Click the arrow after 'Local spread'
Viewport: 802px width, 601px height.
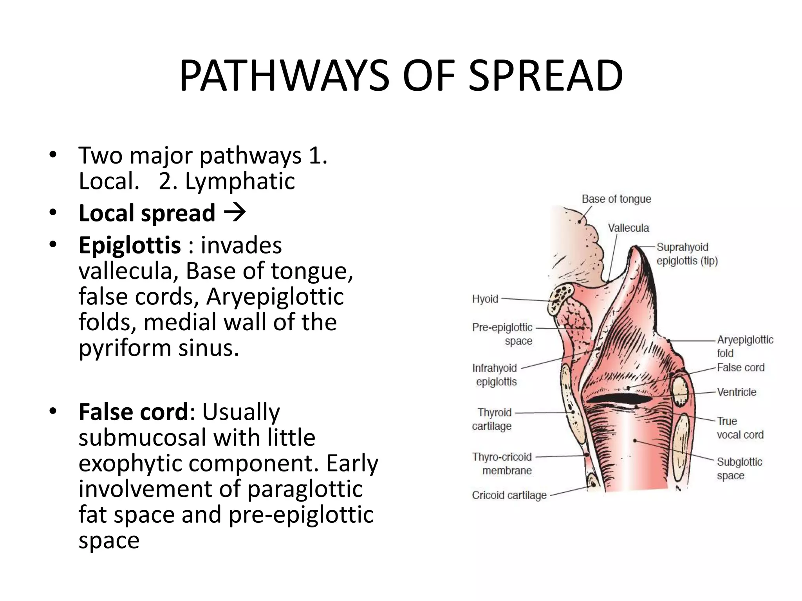tap(235, 213)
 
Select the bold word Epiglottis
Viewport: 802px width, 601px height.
tap(130, 245)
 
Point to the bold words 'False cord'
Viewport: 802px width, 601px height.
tap(134, 412)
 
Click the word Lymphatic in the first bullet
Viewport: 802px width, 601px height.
tap(240, 181)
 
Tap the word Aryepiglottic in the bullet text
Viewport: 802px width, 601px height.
tap(275, 296)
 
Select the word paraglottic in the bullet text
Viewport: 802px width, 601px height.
tap(305, 489)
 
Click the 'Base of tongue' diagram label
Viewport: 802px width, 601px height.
tap(616, 199)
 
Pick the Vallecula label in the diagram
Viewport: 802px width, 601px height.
tap(628, 228)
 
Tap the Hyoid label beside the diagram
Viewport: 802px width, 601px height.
tap(485, 299)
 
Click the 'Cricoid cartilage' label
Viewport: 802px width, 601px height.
tap(509, 495)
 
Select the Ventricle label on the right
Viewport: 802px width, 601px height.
tap(736, 392)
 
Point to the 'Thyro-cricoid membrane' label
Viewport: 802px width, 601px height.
tap(502, 464)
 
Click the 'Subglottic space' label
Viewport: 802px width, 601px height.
tap(739, 469)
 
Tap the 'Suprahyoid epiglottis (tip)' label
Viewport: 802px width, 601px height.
tap(686, 254)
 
